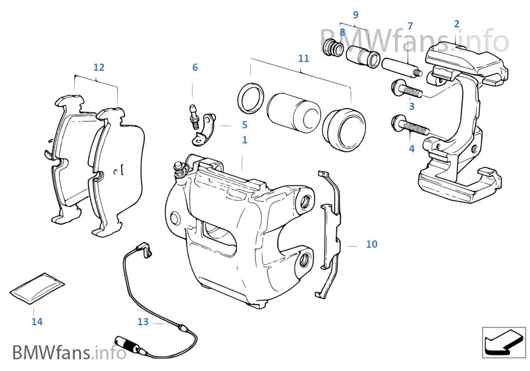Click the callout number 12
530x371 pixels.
point(99,68)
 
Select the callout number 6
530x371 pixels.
point(195,68)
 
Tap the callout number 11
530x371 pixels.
point(303,58)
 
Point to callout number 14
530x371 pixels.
point(37,321)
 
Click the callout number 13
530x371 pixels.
point(143,321)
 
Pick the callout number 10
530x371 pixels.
point(372,244)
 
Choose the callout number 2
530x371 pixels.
point(456,23)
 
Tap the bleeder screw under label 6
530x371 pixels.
point(194,115)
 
